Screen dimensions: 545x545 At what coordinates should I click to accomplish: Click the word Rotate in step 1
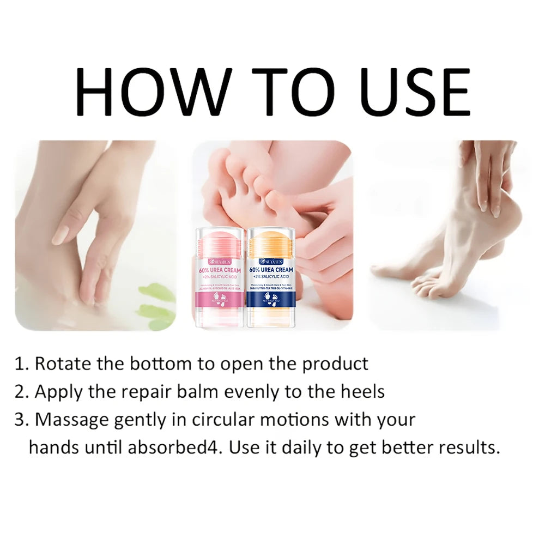click(63, 364)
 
